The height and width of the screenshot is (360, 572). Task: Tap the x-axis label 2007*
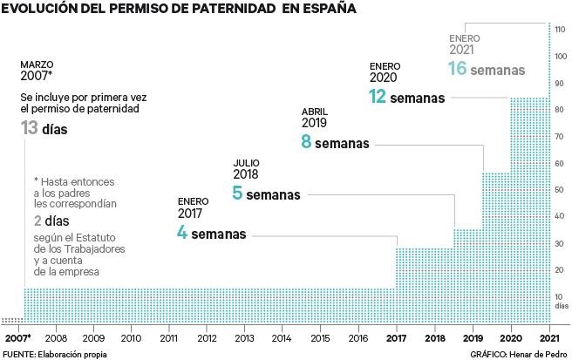click(x=17, y=337)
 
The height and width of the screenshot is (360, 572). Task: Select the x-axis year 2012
click(x=207, y=337)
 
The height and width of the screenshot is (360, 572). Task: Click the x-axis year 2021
click(x=549, y=337)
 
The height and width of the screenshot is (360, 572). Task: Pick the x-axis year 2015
click(x=320, y=337)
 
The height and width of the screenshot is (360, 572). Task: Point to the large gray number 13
click(x=31, y=129)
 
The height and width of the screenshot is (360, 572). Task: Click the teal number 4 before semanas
click(x=182, y=234)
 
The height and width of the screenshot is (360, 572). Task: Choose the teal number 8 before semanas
click(x=306, y=142)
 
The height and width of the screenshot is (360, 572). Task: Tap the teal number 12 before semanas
click(x=378, y=97)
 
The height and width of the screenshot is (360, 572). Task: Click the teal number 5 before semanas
click(x=237, y=194)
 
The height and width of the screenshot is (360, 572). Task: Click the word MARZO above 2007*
click(x=37, y=65)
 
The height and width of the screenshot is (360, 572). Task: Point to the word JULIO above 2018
click(x=247, y=162)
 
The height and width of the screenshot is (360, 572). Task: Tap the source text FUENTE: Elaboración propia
click(x=51, y=353)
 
